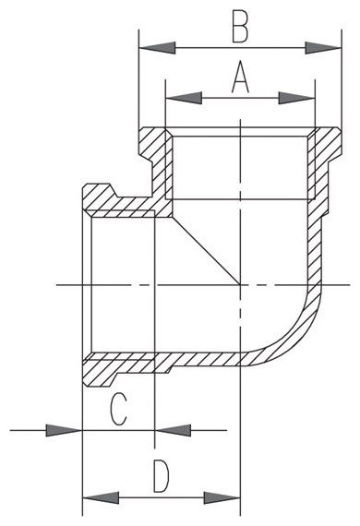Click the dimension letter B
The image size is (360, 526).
[240, 27]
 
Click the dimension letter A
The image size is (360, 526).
[240, 77]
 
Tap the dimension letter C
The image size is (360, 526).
[119, 409]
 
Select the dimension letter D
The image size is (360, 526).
[161, 476]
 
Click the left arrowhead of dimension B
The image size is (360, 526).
[157, 48]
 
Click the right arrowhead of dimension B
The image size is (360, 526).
[323, 48]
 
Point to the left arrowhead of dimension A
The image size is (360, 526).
[184, 98]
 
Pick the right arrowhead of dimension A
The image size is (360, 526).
[297, 98]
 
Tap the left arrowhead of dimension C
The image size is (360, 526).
[64, 430]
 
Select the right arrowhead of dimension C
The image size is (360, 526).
[173, 430]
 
